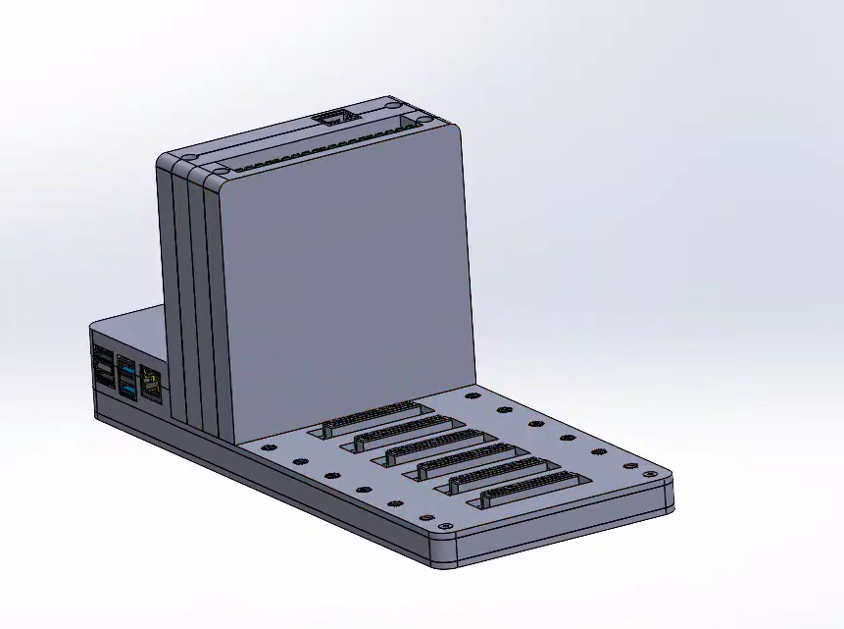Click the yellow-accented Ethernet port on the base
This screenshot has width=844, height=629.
click(152, 381)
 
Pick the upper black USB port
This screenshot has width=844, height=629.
click(102, 355)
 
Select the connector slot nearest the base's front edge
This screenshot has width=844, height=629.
click(530, 491)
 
